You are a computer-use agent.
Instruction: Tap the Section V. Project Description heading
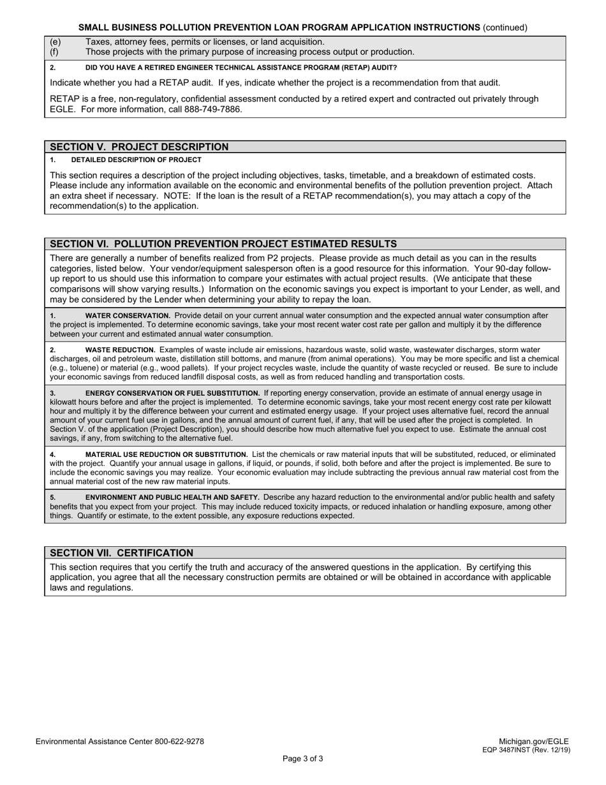click(139, 147)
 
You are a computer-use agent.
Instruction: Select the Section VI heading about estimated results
click(223, 244)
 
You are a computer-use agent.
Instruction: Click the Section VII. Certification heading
click(121, 553)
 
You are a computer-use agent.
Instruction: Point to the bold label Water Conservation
click(128, 315)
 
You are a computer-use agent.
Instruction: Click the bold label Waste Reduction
click(120, 350)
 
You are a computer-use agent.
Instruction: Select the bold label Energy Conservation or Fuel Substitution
click(172, 393)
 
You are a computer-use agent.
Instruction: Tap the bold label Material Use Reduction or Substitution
click(166, 454)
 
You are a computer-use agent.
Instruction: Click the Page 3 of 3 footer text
click(303, 759)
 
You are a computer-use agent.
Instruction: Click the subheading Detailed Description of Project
click(136, 160)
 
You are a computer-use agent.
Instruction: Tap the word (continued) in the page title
click(505, 27)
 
